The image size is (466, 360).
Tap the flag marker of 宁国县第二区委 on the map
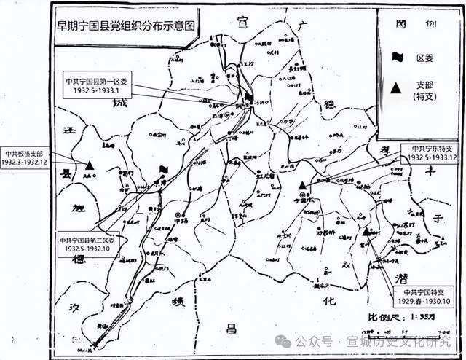(x=164, y=170)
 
